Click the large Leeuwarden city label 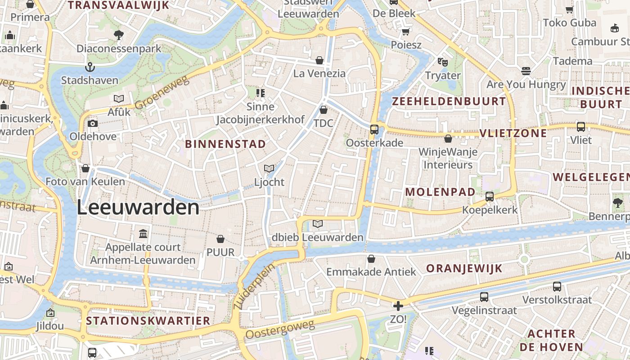click(138, 208)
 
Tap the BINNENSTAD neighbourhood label click(225, 144)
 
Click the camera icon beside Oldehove click(93, 124)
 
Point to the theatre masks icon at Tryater click(443, 62)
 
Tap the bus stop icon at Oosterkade click(374, 130)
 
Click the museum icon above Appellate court click(143, 234)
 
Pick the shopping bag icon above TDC click(323, 110)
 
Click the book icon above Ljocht click(269, 169)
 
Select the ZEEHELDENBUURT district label click(449, 101)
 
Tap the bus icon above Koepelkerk click(490, 197)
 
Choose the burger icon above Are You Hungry click(526, 71)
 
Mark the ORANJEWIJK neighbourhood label click(464, 269)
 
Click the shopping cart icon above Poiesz click(405, 31)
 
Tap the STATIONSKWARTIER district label click(148, 321)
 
